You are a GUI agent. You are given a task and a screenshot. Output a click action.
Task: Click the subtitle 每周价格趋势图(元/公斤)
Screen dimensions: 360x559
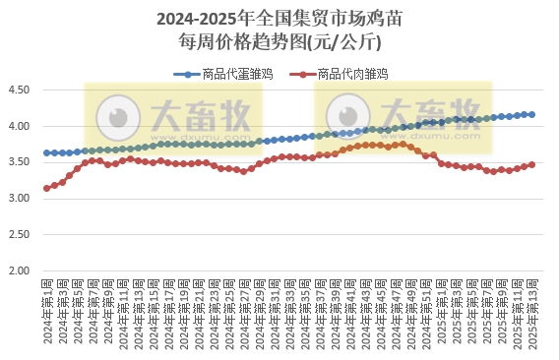point(279,42)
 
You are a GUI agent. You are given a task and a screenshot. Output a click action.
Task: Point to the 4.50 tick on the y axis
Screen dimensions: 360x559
point(20,90)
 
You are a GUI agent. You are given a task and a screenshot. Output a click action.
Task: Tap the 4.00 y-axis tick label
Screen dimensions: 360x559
point(20,127)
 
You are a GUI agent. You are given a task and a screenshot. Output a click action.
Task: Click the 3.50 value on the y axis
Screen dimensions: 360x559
point(20,162)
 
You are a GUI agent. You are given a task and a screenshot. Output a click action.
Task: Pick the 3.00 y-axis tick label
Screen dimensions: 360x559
point(20,199)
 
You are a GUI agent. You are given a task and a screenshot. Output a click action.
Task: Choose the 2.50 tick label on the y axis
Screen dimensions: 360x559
point(20,235)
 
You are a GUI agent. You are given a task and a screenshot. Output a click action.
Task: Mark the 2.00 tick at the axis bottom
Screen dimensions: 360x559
point(20,270)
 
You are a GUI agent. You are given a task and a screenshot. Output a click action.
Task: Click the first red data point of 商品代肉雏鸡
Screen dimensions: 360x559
point(46,188)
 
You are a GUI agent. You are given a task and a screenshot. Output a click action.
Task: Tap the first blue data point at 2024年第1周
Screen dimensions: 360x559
point(46,153)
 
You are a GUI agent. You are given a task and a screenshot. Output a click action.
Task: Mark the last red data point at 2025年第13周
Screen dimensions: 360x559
point(532,164)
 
